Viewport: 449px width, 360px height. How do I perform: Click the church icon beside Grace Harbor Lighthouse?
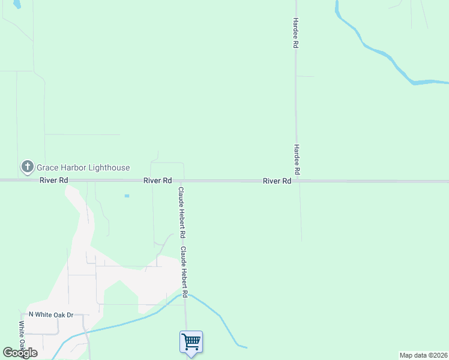point(27,167)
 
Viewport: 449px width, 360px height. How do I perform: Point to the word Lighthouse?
point(109,168)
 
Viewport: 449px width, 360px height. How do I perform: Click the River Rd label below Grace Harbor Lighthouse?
point(54,181)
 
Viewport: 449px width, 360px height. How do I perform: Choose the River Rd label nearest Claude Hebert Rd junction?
point(157,181)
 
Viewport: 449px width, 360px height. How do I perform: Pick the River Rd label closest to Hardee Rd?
point(277,181)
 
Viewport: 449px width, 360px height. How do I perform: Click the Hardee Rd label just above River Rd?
point(297,160)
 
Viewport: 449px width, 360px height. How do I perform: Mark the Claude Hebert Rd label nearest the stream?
point(185,272)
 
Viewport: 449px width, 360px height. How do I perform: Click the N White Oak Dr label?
point(50,314)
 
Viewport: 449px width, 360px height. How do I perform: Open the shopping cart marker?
point(191,342)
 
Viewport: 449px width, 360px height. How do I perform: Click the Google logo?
point(20,353)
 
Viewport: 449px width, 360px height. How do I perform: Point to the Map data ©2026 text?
point(423,355)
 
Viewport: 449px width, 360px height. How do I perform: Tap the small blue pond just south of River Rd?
point(126,196)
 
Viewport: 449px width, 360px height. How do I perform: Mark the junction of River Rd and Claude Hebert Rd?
point(182,181)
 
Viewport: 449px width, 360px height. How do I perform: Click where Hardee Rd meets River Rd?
point(296,181)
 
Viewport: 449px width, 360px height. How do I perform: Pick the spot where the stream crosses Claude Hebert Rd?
point(185,294)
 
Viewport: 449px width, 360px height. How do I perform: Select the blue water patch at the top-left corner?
point(17,4)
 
